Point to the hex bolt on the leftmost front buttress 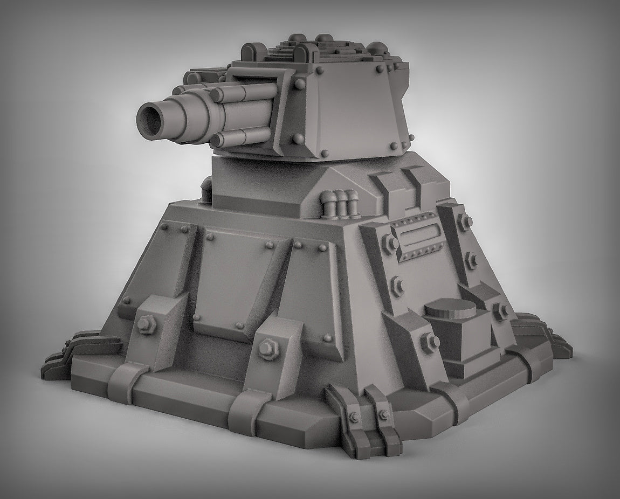(x=145, y=324)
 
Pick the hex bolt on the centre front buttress (x=265, y=348)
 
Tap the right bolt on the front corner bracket (x=383, y=414)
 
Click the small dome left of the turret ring (x=206, y=190)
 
